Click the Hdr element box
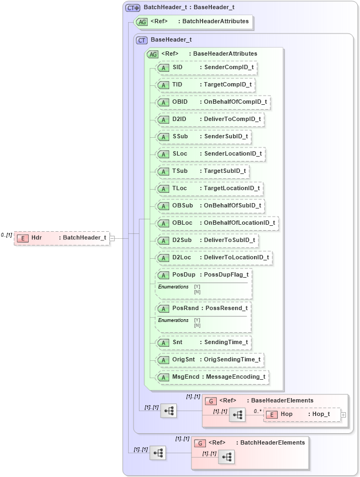pos(62,238)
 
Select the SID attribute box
pos(205,68)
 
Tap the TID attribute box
pos(204,85)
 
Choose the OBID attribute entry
pos(211,102)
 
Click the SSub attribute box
pos(203,136)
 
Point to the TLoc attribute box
pos(209,189)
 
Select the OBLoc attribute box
pos(216,223)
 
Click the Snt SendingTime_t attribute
pos(203,342)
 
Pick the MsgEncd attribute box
pos(212,377)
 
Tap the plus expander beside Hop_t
pos(343,414)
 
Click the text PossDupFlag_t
pos(223,274)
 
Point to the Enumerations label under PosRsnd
pos(173,320)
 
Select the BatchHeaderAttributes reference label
pos(215,22)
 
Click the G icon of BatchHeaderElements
pos(200,442)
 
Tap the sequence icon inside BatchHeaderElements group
pos(226,457)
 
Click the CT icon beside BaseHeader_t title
pos(142,40)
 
